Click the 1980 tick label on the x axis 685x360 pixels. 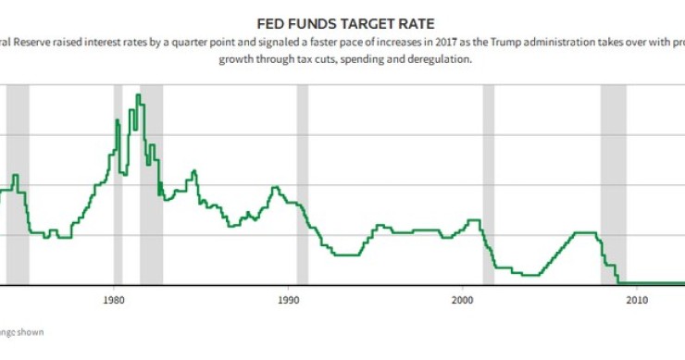point(114,301)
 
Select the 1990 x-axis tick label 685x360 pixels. point(288,301)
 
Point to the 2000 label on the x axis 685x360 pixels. point(463,301)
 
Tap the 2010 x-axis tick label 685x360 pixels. point(637,301)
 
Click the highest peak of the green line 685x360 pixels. point(138,95)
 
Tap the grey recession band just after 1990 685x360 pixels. point(303,185)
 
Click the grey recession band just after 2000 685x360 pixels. point(488,185)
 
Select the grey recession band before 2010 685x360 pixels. point(613,185)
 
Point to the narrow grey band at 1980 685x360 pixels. point(118,185)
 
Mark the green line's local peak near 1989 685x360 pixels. point(274,187)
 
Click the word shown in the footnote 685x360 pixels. point(33,331)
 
